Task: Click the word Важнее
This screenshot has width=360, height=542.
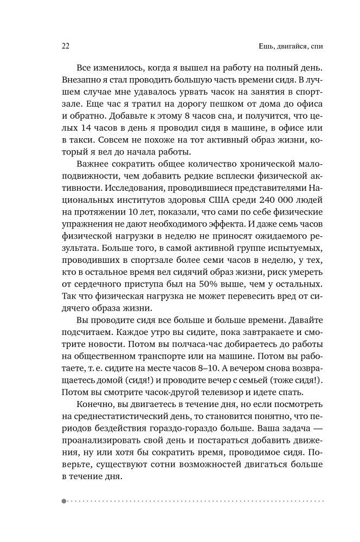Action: [92, 164]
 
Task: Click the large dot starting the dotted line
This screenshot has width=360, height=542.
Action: [64, 501]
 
